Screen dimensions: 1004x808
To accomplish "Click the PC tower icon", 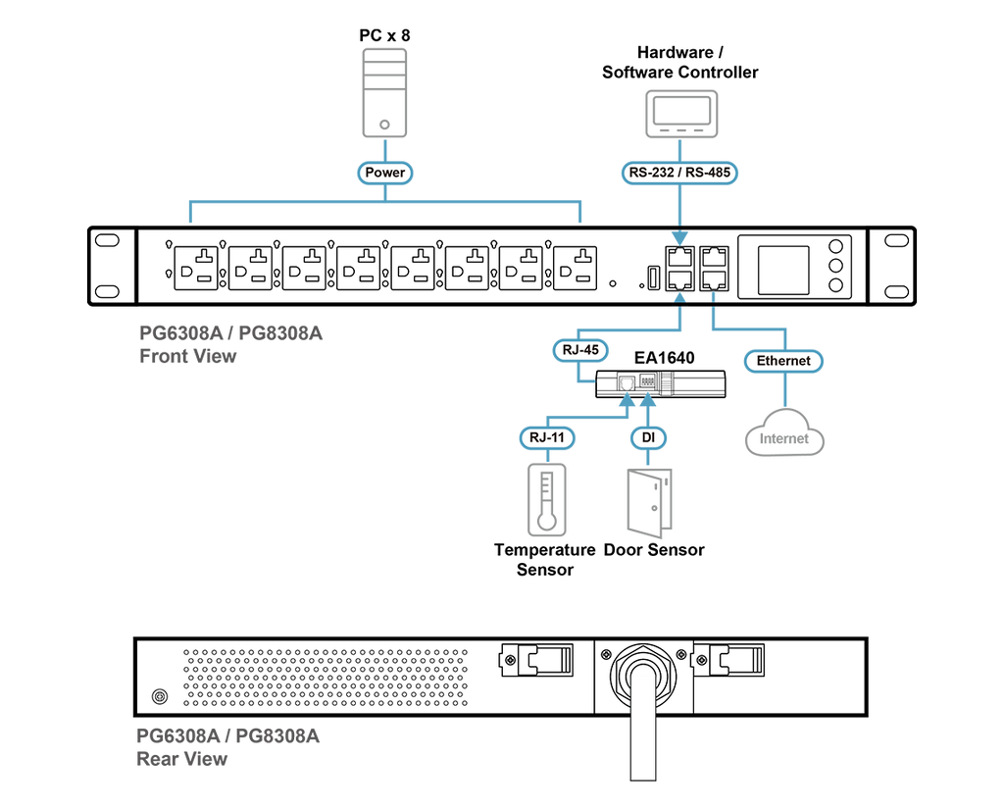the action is [384, 93].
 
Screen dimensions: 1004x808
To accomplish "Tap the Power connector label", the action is [384, 173].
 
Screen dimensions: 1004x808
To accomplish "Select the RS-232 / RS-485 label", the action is [679, 173].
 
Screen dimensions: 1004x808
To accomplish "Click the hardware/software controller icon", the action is [681, 114].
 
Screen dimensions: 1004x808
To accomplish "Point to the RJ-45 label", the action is [580, 350].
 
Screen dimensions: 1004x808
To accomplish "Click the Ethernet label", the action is [783, 361].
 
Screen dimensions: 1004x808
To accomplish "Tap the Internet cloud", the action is [784, 432].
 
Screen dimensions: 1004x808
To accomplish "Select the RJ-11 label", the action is [547, 438].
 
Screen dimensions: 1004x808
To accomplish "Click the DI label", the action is [648, 438].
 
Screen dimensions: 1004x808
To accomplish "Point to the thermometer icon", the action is [547, 500].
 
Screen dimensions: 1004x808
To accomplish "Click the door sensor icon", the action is [649, 503].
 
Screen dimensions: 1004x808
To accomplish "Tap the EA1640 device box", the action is [661, 384].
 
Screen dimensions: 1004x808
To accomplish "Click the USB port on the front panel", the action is [653, 278].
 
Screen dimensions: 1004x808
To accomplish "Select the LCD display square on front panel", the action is [783, 270].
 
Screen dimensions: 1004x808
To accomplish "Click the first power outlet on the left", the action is [196, 269].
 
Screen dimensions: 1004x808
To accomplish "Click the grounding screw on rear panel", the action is [160, 696].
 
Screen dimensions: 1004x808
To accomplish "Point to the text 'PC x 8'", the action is [384, 35].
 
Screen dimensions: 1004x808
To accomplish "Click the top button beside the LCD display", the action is [835, 246].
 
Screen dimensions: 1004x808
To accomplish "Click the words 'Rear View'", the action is [181, 759].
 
